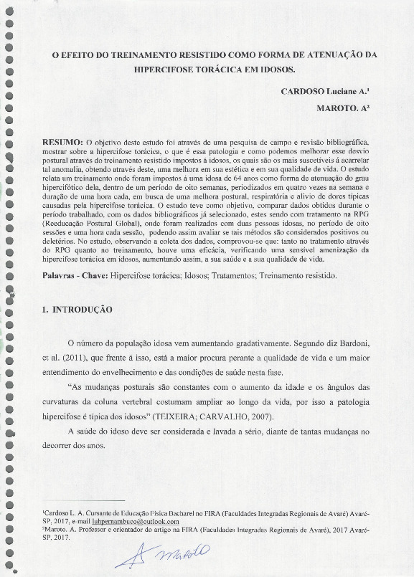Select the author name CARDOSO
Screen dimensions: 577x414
[302, 92]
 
